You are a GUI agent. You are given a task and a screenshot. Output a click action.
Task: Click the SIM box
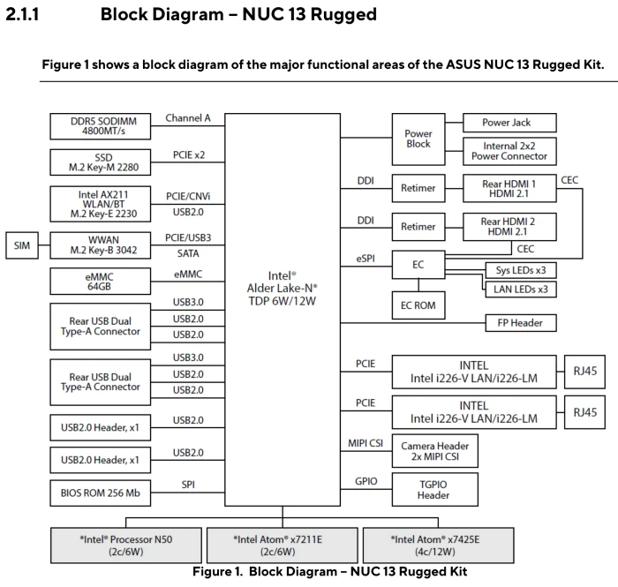click(x=22, y=245)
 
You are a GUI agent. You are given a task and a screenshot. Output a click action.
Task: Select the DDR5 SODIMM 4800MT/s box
click(x=100, y=126)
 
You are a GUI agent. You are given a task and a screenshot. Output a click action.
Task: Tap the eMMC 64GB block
click(x=100, y=282)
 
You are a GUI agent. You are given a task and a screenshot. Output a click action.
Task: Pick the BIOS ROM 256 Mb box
click(x=100, y=493)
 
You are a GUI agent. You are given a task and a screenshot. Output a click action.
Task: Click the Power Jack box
click(x=509, y=123)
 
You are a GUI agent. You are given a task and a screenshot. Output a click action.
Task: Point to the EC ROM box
click(x=418, y=305)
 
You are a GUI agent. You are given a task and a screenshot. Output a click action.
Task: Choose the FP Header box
click(x=521, y=323)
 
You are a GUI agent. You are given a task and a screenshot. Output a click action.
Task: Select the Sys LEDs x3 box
click(x=521, y=270)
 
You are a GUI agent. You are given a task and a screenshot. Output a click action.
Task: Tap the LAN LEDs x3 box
click(x=521, y=290)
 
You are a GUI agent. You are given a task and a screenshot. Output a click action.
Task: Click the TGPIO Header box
click(x=435, y=490)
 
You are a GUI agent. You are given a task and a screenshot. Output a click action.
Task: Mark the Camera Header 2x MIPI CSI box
click(x=435, y=451)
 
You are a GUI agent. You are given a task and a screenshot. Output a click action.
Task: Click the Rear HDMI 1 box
click(x=509, y=188)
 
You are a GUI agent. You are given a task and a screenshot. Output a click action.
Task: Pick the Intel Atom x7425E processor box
click(x=438, y=546)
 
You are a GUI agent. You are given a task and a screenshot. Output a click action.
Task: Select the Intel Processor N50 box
click(x=126, y=546)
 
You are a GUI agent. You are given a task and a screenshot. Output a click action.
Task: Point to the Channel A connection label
click(x=188, y=118)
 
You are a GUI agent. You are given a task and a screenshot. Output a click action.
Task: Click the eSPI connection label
click(x=366, y=259)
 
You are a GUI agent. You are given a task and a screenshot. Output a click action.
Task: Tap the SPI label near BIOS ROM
click(x=188, y=485)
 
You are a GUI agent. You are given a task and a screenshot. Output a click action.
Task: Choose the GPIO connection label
click(x=366, y=481)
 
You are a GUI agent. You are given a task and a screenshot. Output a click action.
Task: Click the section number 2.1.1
click(x=22, y=15)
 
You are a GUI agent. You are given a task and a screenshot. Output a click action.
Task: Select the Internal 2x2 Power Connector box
click(x=509, y=151)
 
